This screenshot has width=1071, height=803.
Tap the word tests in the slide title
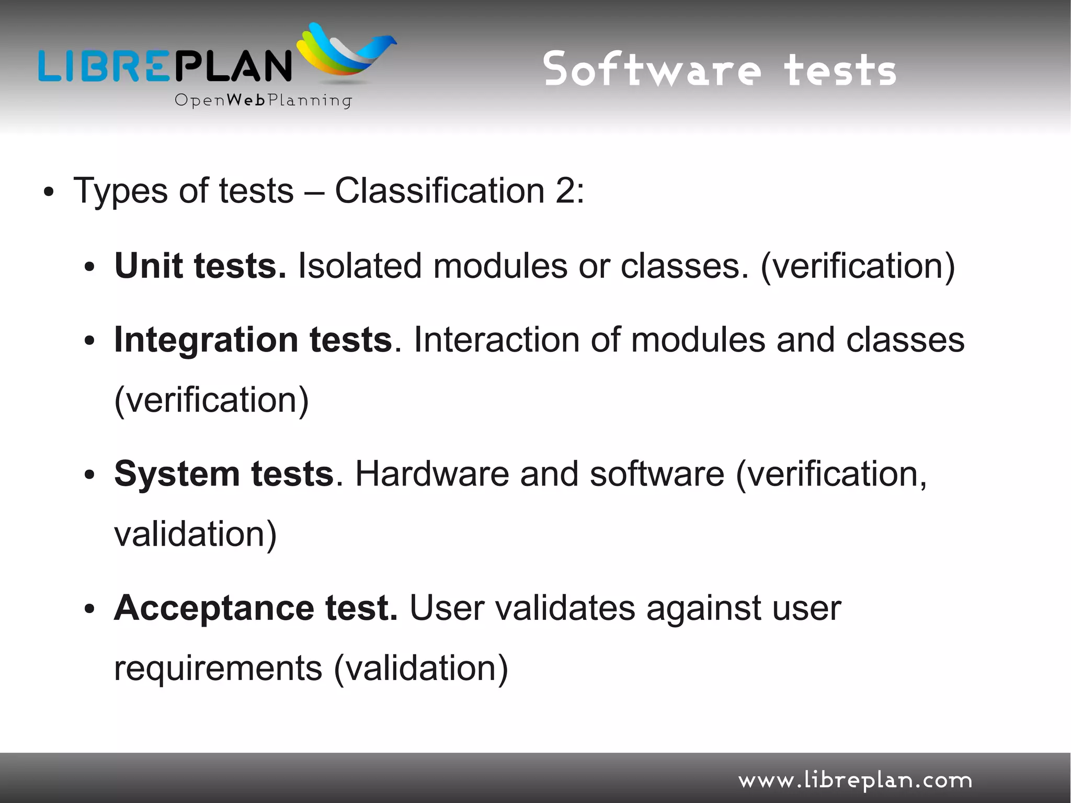pos(840,71)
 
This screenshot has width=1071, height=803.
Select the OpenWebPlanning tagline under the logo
pos(263,100)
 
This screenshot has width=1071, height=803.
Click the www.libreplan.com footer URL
pos(855,780)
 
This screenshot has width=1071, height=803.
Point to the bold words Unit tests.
pos(200,266)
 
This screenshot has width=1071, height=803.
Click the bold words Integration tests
pos(253,340)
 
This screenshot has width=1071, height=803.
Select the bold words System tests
pos(224,474)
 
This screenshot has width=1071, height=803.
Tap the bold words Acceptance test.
pos(256,608)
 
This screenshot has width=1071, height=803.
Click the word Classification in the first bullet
pos(439,190)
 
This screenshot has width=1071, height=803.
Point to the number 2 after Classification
pos(566,190)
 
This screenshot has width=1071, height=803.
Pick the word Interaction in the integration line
pos(496,340)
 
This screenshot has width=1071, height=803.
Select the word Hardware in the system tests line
pos(432,474)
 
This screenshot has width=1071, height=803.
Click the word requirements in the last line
pos(218,669)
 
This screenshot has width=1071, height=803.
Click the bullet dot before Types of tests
pos(49,193)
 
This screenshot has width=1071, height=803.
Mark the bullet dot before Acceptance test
pos(89,609)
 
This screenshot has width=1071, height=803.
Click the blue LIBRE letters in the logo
pos(104,66)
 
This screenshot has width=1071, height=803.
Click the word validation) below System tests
pos(195,534)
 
